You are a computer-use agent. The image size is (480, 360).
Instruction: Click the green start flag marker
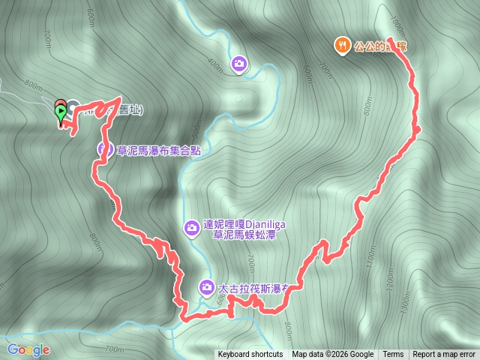click(x=61, y=112)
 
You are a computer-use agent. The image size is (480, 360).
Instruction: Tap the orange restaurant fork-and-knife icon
click(x=342, y=46)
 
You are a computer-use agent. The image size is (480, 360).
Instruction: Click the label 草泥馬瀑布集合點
click(x=159, y=150)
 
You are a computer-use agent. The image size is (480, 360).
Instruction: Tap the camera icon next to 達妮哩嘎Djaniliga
click(x=191, y=226)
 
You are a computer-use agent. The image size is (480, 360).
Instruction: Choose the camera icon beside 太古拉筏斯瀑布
click(x=206, y=286)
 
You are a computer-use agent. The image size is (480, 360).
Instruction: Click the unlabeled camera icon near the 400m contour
click(x=238, y=64)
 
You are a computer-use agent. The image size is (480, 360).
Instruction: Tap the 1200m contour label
click(x=389, y=280)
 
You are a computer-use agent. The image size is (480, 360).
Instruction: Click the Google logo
click(x=28, y=349)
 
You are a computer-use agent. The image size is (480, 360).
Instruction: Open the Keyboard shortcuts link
click(x=250, y=355)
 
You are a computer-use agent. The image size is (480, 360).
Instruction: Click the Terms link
click(x=393, y=355)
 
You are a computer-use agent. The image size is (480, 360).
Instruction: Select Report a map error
click(x=445, y=355)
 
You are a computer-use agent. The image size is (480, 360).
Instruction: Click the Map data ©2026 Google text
click(x=332, y=355)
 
